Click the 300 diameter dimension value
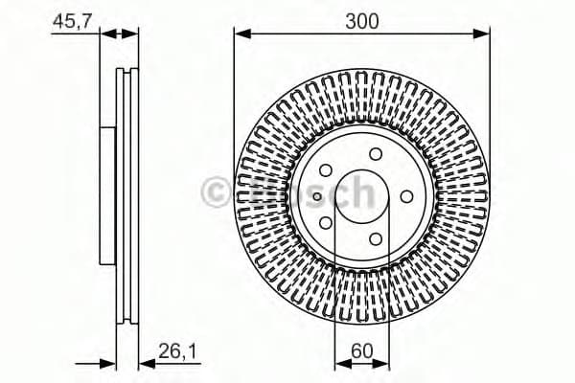coord(361,18)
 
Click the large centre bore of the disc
coord(362,196)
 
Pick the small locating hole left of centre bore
coord(317,196)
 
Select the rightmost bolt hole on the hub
coord(406,195)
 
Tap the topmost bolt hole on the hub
coord(376,154)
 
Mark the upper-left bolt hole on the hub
coord(327,170)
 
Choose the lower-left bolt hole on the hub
coord(327,222)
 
